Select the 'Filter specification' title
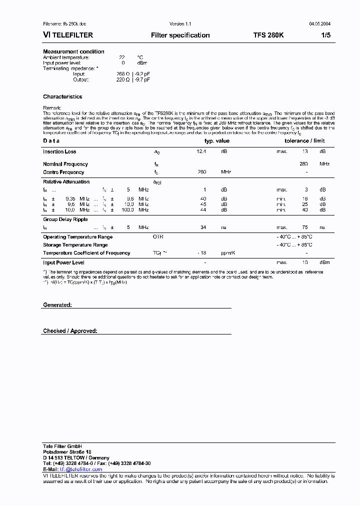pos(180,35)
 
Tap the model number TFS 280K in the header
pos(268,35)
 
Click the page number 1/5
pos(325,35)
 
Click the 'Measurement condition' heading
pos(73,51)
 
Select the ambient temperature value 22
pos(121,57)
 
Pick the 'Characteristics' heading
pos(62,96)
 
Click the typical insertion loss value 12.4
pos(201,151)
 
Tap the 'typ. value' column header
pos(216,141)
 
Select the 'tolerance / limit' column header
pos(304,141)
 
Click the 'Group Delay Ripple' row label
pos(65,219)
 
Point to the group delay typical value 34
pos(203,227)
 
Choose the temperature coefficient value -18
pos(201,253)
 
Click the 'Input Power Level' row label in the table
pos(63,262)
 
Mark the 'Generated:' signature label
pos(57,305)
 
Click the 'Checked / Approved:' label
pos(70,331)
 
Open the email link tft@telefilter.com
pos(81,469)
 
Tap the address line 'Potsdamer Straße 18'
pos(67,451)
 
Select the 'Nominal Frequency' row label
pos(65,164)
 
